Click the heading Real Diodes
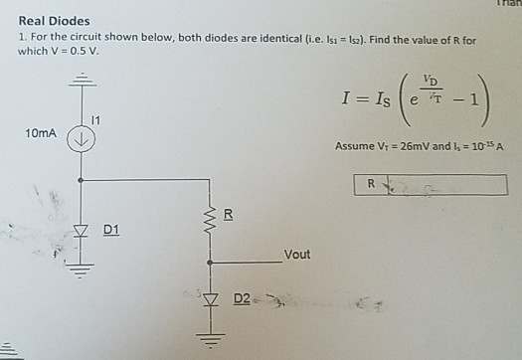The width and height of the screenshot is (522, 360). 54,21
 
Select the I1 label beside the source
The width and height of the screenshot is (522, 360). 95,120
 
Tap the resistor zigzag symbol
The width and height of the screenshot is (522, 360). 209,218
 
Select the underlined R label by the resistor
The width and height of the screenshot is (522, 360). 228,213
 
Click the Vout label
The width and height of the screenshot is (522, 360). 296,255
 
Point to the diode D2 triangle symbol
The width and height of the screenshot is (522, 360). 209,298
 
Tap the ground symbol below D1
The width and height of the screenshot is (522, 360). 82,267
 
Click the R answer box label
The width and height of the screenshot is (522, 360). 370,184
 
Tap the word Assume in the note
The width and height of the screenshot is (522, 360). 354,146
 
